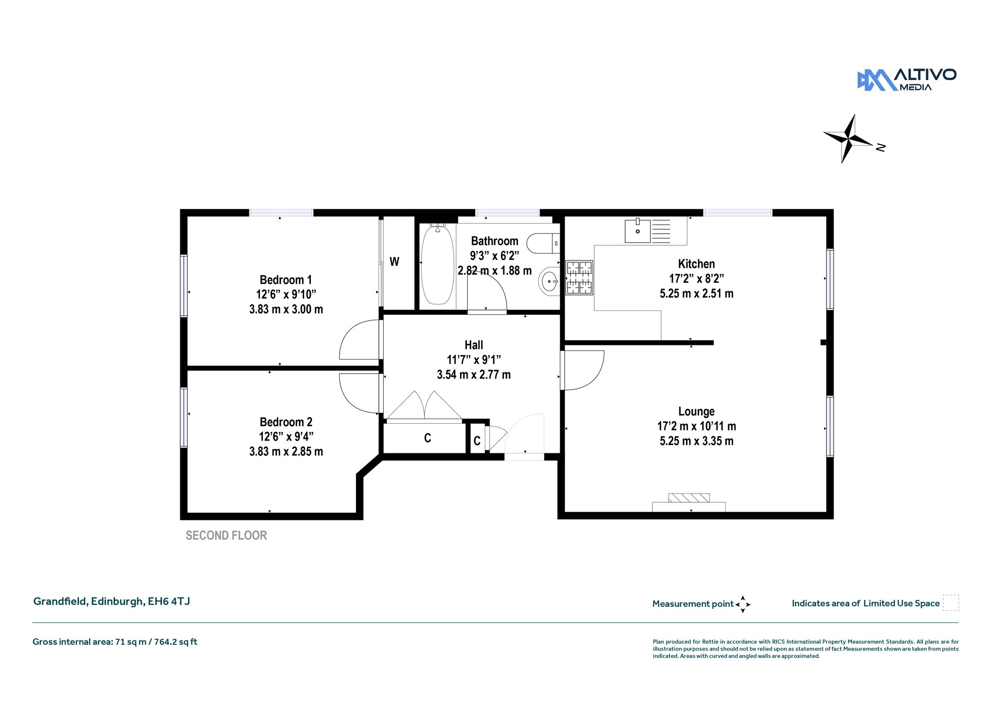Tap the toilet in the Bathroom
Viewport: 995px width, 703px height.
[543, 243]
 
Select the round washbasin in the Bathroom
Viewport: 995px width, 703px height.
[549, 281]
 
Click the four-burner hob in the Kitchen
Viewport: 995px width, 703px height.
[579, 277]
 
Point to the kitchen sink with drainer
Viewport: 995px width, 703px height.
[648, 231]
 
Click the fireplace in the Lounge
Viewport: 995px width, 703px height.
[689, 503]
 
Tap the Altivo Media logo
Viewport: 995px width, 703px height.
[907, 80]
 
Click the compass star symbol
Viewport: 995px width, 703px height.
[848, 139]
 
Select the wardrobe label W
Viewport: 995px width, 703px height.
[395, 262]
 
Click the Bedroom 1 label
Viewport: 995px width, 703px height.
[286, 280]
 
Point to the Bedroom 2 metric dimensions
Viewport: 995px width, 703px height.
[286, 451]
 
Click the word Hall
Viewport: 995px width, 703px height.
[474, 345]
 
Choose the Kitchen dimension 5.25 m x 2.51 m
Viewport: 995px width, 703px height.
[697, 293]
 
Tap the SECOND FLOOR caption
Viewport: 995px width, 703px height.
[226, 535]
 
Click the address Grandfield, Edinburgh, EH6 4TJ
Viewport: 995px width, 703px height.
[112, 601]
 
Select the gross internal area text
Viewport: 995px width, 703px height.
[115, 642]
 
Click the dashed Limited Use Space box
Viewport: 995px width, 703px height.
[951, 602]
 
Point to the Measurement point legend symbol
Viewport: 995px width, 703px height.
[743, 604]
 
